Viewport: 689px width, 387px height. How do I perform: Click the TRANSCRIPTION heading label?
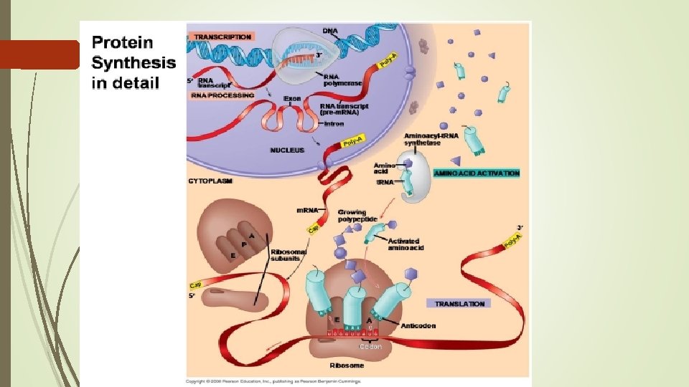tap(222, 37)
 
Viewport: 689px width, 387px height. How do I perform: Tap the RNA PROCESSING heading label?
tap(222, 95)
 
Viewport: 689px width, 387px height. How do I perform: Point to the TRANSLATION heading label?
tap(459, 304)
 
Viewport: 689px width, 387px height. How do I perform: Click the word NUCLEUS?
tap(287, 150)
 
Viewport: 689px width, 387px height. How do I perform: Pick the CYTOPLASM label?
tap(210, 181)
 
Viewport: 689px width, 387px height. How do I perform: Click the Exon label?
tap(292, 98)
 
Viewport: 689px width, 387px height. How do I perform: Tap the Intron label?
tap(334, 124)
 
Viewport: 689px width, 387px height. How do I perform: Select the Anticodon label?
tap(419, 325)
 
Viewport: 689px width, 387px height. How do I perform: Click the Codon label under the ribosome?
tap(371, 346)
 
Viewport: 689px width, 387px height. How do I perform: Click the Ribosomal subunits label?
tap(289, 256)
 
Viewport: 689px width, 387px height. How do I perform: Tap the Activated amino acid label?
tap(406, 244)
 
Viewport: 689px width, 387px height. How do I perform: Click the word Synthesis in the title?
tap(133, 62)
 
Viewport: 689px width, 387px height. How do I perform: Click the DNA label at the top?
tap(330, 30)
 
